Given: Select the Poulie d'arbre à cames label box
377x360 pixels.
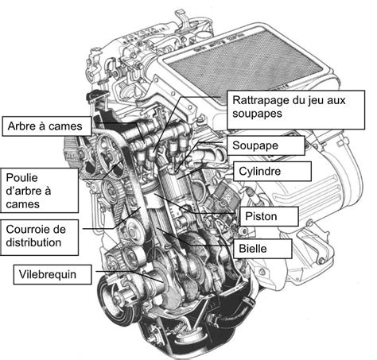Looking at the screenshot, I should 39,190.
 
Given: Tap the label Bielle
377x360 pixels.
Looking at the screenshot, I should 258,248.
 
